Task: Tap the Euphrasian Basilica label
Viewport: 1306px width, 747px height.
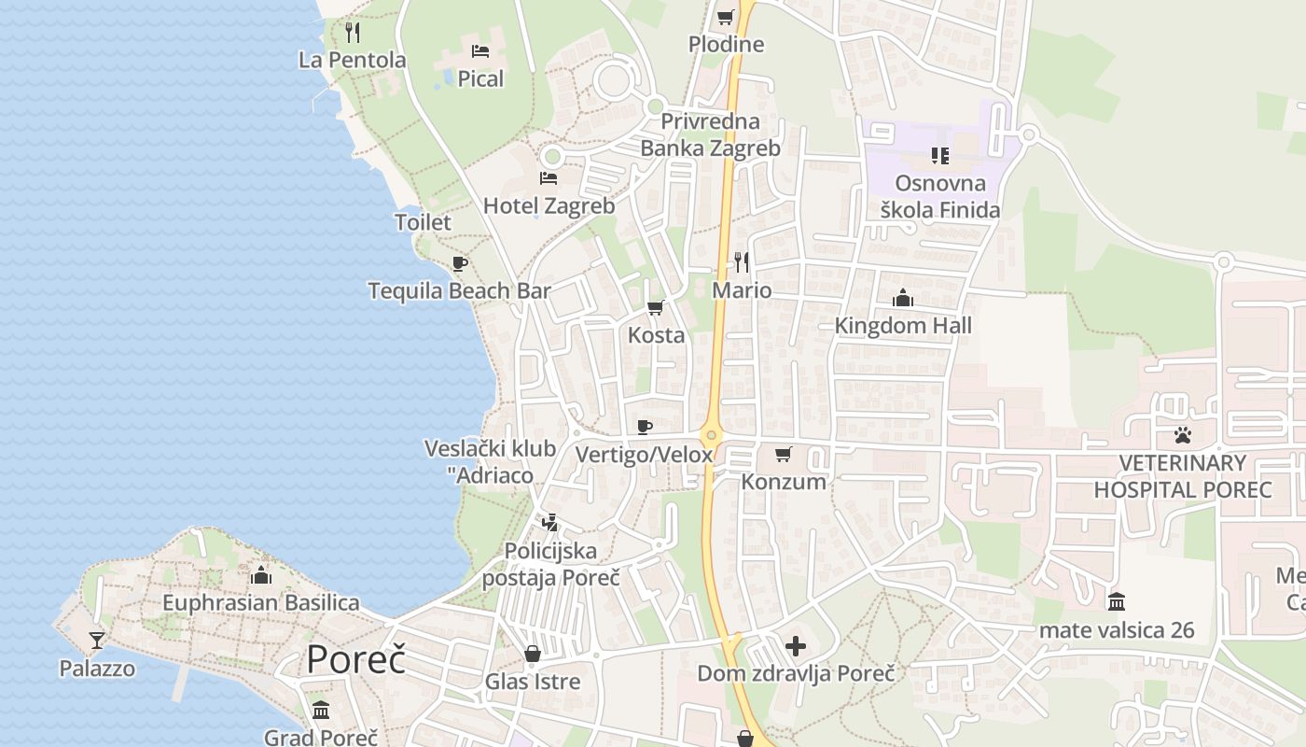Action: pos(260,602)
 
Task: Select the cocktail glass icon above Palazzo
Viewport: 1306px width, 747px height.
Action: pos(97,641)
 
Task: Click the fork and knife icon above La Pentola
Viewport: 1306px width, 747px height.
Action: pos(353,33)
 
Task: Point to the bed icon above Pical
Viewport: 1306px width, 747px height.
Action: pos(480,51)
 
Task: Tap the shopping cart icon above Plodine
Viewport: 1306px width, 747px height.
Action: pos(726,17)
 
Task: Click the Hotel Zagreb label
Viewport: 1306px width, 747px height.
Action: pos(549,205)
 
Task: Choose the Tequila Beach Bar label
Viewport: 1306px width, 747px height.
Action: pos(459,290)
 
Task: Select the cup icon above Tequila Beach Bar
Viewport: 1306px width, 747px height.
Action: pos(459,263)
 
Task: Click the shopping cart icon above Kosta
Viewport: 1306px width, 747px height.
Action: pos(656,307)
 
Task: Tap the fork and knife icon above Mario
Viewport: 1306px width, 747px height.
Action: pos(742,261)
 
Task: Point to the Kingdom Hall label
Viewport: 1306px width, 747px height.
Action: pos(903,325)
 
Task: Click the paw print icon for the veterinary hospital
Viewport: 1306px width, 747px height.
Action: pos(1183,435)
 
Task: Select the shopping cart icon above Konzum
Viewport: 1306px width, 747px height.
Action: pos(784,454)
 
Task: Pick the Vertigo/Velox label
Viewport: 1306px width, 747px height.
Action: pos(644,455)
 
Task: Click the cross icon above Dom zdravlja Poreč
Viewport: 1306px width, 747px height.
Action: pos(796,645)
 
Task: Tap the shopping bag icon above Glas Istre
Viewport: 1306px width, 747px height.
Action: pos(533,654)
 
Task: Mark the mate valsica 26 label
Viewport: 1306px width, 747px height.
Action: pos(1116,630)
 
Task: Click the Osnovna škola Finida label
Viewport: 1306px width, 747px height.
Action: pos(940,196)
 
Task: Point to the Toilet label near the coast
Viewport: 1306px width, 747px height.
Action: pos(423,222)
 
